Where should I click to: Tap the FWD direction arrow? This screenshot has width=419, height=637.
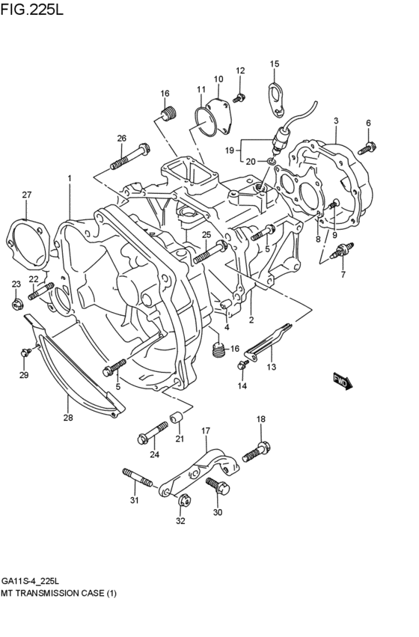(x=343, y=381)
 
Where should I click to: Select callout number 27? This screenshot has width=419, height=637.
(x=27, y=195)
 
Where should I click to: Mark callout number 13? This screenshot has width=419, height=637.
(x=271, y=366)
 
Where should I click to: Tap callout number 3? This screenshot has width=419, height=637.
(x=336, y=121)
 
